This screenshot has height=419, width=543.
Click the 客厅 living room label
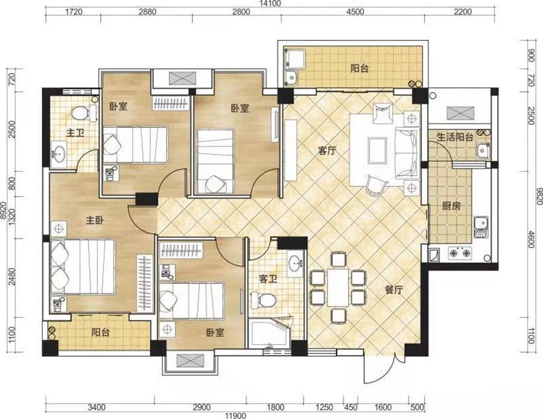(327, 151)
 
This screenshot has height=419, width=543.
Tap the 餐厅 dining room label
(395, 289)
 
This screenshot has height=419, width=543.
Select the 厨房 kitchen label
(451, 206)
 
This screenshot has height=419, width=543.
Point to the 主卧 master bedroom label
(95, 220)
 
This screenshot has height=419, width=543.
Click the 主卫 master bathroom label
(75, 132)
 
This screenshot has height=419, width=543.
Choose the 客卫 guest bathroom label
(268, 278)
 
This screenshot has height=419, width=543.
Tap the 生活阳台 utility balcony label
(455, 137)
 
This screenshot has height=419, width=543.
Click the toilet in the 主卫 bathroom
(84, 113)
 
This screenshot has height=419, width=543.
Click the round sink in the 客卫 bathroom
(296, 263)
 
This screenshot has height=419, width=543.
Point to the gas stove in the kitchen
(460, 253)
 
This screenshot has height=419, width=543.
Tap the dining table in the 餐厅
(338, 287)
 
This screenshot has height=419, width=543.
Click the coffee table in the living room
(378, 150)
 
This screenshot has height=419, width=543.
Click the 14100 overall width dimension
(271, 4)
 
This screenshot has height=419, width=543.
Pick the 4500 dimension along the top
(355, 12)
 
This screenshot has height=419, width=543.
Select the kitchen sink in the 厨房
(481, 228)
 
